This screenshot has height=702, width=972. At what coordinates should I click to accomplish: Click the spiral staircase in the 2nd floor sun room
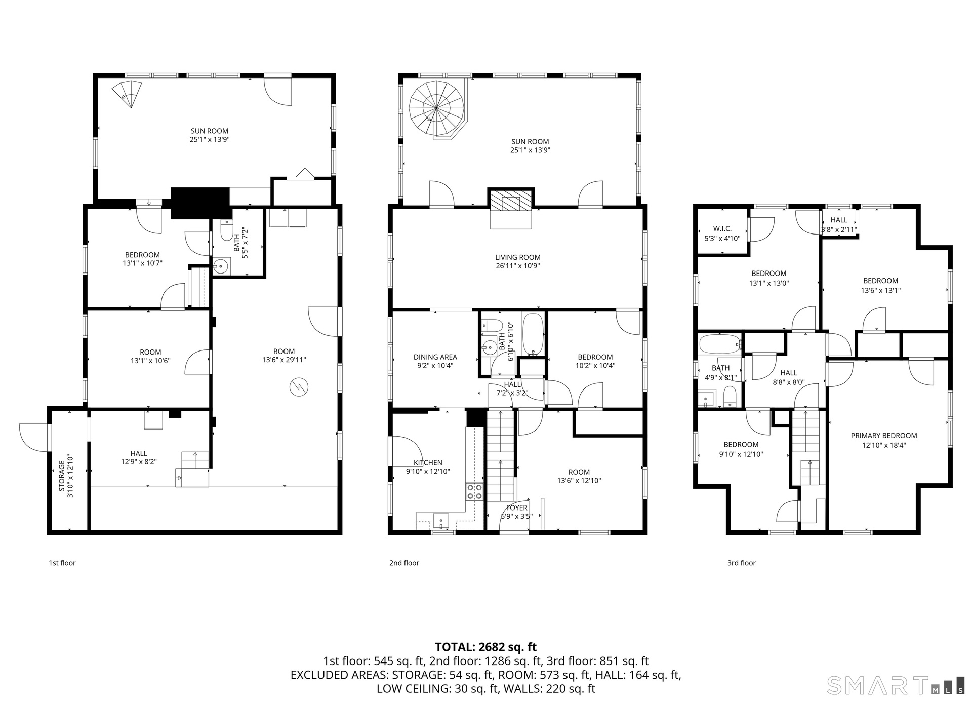pos(436,108)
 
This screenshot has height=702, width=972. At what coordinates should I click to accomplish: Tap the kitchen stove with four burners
pos(474,492)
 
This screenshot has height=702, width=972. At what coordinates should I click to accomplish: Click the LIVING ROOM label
pos(518,257)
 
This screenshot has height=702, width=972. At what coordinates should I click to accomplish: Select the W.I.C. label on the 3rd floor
pos(722,229)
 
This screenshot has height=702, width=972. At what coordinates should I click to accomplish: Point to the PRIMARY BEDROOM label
pos(884,436)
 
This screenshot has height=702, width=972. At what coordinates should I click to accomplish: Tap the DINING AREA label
pos(435,357)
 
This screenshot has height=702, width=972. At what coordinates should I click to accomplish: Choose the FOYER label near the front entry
pos(517,508)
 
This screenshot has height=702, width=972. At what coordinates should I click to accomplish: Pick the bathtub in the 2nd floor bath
pos(533,334)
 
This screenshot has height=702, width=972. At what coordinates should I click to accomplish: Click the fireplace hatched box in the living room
pos(511,202)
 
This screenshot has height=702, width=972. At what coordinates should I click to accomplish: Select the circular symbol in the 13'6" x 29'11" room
pos(298,387)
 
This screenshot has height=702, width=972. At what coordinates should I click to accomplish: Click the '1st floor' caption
pos(62,563)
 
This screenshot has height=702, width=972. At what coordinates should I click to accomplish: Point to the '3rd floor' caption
pos(742,563)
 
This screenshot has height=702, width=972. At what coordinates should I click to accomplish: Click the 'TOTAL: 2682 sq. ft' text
pos(486,647)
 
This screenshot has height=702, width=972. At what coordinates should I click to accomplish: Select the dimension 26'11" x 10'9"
pos(518,266)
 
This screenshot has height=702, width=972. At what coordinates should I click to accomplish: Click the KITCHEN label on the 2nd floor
pos(428,463)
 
